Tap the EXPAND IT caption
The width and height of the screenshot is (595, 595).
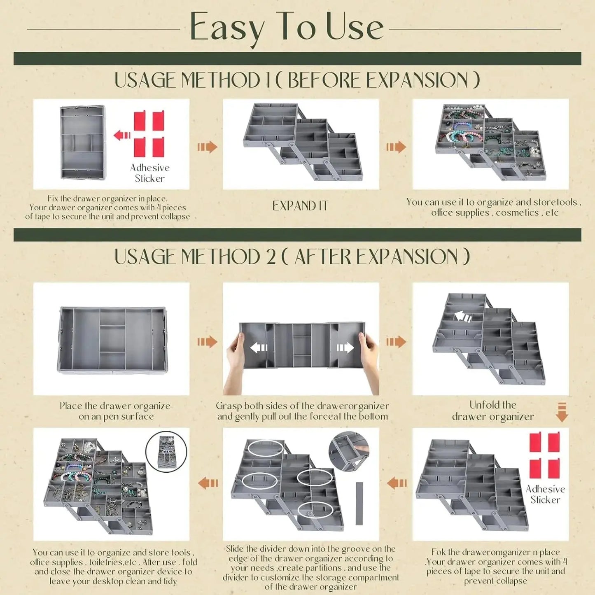300,206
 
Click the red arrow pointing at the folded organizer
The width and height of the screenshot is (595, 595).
122,135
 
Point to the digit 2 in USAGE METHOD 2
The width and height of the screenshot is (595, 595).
271,257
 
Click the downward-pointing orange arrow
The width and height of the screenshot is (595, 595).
562,412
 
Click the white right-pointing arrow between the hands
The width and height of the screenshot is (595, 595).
345,348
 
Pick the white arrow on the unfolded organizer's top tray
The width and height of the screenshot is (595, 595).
463,316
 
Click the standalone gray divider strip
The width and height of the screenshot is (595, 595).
359,503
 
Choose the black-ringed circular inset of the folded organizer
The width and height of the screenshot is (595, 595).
166,452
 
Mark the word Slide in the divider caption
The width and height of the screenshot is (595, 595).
234,549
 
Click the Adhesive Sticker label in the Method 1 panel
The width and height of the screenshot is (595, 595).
149,173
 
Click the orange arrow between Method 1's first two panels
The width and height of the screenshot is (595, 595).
207,147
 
